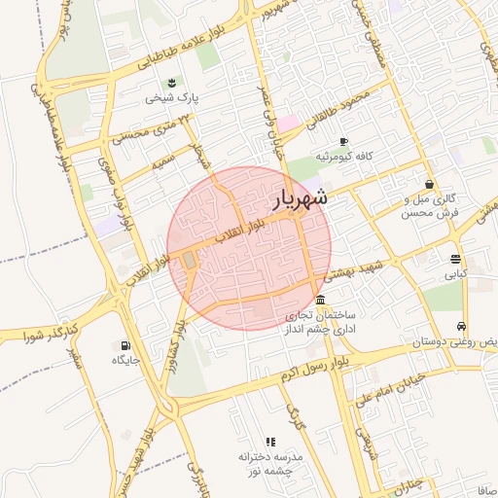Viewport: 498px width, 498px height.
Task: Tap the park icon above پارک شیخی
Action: tap(172, 82)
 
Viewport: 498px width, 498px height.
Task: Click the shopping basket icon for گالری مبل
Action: tap(429, 184)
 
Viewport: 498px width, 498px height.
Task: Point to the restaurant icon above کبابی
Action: tap(455, 258)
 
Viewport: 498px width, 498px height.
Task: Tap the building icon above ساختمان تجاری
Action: tap(320, 300)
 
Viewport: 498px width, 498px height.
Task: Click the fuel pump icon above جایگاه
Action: tap(124, 344)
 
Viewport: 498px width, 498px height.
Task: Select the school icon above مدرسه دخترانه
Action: tap(270, 442)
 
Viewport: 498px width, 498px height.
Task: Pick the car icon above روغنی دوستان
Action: tap(461, 327)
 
